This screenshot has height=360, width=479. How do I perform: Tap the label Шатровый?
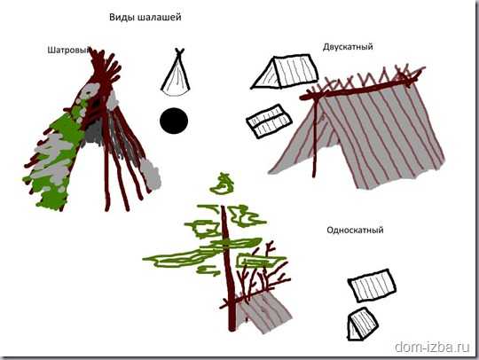69,50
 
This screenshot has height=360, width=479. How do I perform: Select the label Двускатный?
348,47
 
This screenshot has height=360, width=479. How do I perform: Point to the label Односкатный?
355,230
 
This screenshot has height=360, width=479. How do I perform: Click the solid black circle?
174,121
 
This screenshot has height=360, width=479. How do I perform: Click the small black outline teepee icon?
176,73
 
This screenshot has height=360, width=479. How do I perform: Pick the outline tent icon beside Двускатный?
285,72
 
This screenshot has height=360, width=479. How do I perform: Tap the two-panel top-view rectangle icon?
269,121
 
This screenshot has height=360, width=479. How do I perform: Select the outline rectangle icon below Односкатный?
372,286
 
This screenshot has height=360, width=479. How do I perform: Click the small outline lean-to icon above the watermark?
363,325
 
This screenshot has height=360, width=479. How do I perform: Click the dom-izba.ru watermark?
432,347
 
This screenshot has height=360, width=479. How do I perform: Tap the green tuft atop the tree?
223,184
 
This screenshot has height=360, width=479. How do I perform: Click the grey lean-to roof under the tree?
264,313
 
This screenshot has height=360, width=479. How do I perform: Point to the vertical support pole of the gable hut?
315,136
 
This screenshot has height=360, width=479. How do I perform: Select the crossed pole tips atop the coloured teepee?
105,66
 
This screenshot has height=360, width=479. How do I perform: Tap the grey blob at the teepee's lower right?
151,174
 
